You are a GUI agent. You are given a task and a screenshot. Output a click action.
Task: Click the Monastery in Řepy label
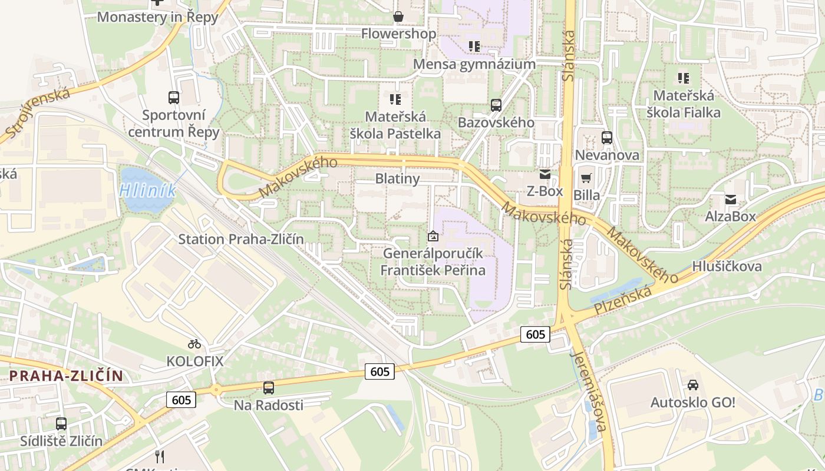[x=157, y=17]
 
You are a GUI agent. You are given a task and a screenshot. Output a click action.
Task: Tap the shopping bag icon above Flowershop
[x=398, y=16]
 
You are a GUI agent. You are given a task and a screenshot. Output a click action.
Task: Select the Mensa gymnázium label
[x=474, y=64]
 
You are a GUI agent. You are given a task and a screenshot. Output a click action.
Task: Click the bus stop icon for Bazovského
[x=496, y=105]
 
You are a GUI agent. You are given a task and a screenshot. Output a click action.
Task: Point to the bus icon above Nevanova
[x=607, y=138]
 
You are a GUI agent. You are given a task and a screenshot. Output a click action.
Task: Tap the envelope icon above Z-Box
[x=544, y=174]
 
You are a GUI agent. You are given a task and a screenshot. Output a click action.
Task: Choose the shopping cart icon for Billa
[x=586, y=178]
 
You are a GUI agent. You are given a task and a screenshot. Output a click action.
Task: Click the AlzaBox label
[x=730, y=216]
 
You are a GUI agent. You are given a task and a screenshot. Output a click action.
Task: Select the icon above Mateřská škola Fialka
[x=684, y=78]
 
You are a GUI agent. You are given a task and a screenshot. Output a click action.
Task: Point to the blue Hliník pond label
[x=147, y=190]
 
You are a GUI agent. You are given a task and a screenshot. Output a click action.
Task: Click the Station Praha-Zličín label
[x=241, y=239]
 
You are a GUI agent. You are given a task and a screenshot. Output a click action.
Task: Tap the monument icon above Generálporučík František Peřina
[x=433, y=236]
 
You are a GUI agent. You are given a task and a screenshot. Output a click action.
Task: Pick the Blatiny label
[x=397, y=178]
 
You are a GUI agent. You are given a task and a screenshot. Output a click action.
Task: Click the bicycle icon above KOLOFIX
[x=194, y=343]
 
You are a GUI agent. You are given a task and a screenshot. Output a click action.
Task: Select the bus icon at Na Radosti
[x=269, y=387]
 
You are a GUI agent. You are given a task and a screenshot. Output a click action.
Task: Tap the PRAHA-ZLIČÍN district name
[x=66, y=376]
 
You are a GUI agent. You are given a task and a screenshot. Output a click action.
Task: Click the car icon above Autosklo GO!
[x=693, y=385]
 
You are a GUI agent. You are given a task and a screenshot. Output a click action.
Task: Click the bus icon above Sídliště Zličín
[x=61, y=423]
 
